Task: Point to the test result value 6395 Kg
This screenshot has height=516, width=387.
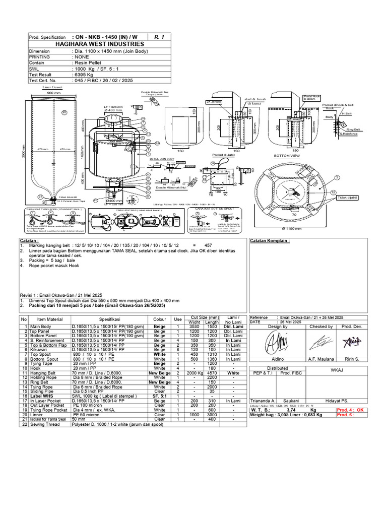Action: pos(84,73)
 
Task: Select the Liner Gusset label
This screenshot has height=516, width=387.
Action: pos(47,87)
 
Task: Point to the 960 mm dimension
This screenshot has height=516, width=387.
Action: pos(53,93)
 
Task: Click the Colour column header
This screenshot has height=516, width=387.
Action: pos(160,319)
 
